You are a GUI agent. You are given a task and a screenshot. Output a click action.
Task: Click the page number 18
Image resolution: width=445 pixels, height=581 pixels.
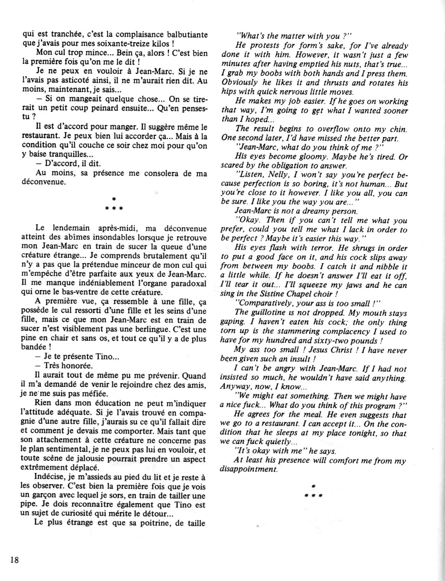click(12, 560)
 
